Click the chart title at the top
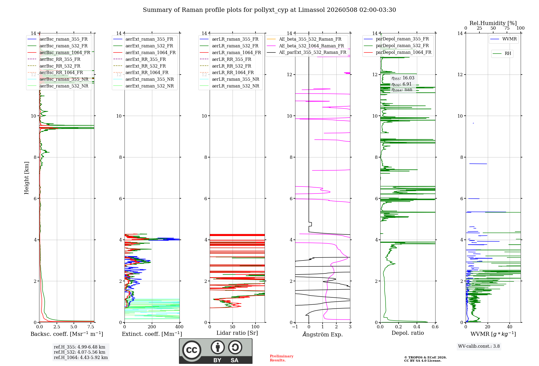pyautogui.click(x=269, y=10)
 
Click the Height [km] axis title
pyautogui.click(x=26, y=178)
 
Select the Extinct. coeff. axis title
pyautogui.click(x=152, y=334)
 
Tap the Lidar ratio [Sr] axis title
pyautogui.click(x=237, y=333)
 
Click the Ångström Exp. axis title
pyautogui.click(x=323, y=334)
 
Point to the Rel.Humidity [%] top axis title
pyautogui.click(x=493, y=23)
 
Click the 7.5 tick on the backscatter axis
pyautogui.click(x=91, y=327)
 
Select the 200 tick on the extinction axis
pyautogui.click(x=152, y=327)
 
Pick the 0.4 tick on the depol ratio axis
pyautogui.click(x=417, y=327)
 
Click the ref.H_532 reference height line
pyautogui.click(x=80, y=352)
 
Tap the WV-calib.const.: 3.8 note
pyautogui.click(x=479, y=346)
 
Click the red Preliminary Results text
pyautogui.click(x=282, y=358)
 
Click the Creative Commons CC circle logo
pyautogui.click(x=192, y=350)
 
